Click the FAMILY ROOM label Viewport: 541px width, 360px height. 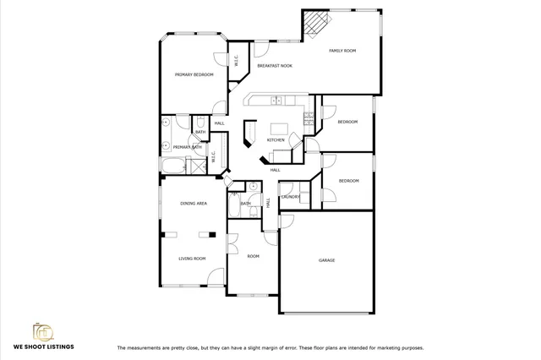342,51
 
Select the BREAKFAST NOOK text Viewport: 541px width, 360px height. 275,65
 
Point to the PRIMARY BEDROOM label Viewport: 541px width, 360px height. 194,74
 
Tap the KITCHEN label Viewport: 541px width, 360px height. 276,139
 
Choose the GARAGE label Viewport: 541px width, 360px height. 326,260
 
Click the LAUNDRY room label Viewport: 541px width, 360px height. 291,197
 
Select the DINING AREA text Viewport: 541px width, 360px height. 194,204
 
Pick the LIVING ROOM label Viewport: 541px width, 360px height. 191,259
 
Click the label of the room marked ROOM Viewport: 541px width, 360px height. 253,255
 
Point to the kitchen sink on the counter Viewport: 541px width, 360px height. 276,101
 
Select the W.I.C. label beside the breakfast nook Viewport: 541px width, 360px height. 237,61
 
